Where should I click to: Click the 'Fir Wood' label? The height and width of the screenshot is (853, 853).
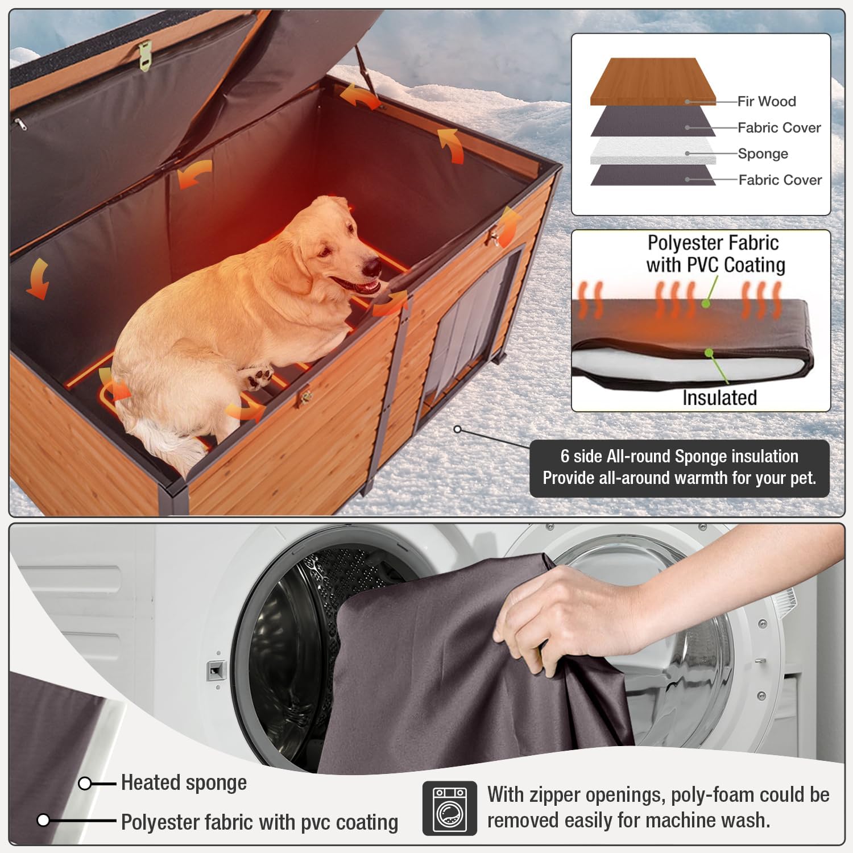click(x=766, y=102)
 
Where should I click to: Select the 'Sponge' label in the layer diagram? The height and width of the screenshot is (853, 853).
click(x=763, y=154)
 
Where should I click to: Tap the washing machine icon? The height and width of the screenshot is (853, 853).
click(x=449, y=808)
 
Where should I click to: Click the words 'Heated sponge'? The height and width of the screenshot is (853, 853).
click(x=184, y=783)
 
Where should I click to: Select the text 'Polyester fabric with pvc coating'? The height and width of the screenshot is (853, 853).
click(x=259, y=822)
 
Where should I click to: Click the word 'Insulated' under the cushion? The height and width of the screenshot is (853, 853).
click(x=719, y=397)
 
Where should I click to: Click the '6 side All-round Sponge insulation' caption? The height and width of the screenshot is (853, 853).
click(x=679, y=457)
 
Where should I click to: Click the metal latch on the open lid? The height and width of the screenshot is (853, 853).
click(x=146, y=55)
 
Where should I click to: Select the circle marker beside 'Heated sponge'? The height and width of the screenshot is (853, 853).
click(x=85, y=784)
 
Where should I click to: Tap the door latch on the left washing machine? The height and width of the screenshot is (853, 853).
click(x=216, y=671)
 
